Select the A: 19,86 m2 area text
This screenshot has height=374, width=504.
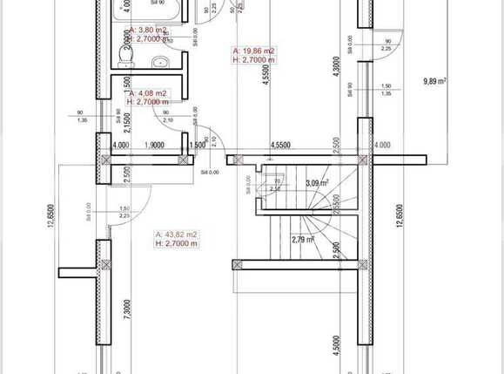254,51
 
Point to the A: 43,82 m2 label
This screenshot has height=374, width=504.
177,235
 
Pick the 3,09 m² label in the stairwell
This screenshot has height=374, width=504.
317,183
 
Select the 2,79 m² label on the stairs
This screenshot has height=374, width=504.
303,240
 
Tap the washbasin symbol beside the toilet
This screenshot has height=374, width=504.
158,63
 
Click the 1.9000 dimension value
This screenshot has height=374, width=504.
154,146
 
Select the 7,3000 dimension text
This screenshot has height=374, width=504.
128,310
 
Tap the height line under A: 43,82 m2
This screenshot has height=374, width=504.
177,244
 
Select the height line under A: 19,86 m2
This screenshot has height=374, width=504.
254,61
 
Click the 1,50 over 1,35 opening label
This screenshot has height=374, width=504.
386,89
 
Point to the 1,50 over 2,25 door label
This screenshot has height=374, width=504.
124,212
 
